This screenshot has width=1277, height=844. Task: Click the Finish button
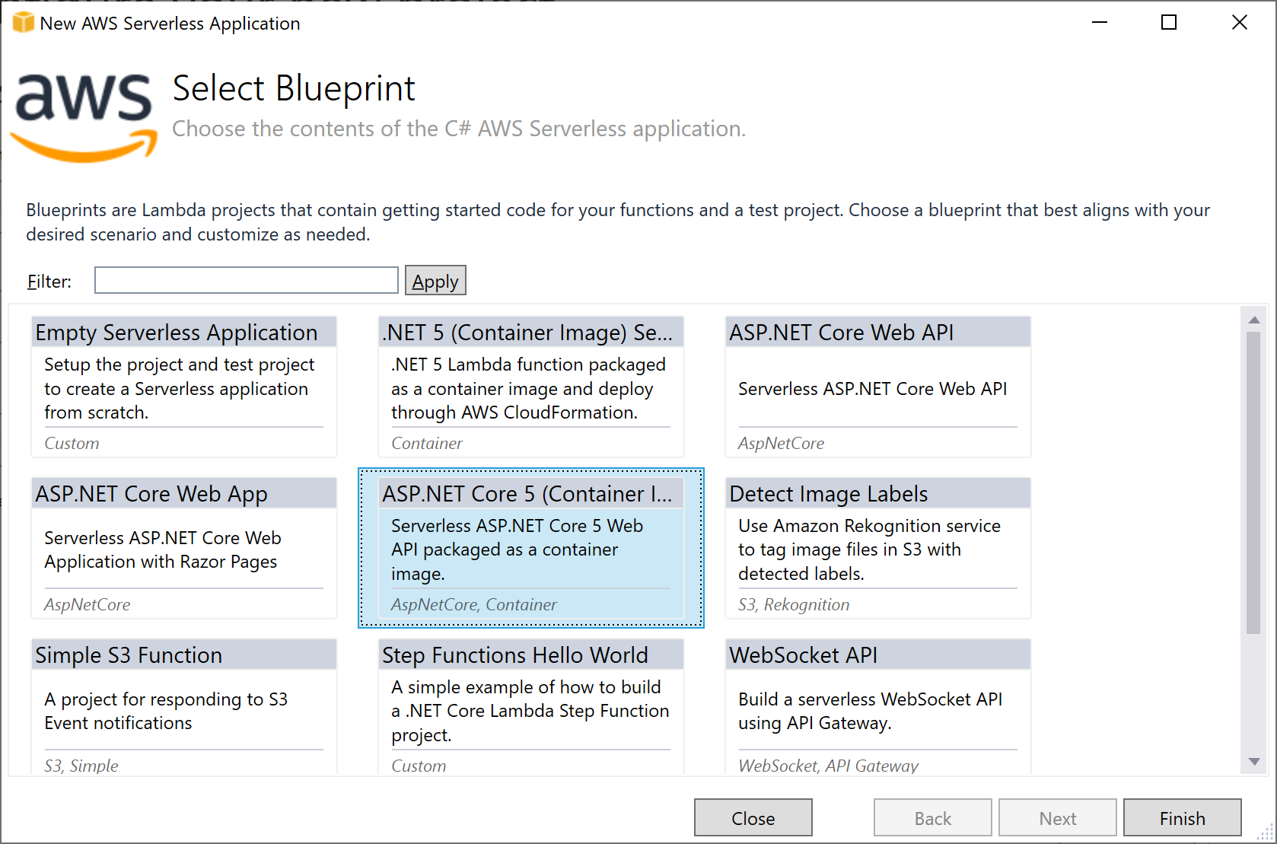1182,818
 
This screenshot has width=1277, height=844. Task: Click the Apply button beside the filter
435,281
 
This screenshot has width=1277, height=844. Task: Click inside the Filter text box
247,280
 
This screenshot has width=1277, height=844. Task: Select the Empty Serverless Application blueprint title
176,333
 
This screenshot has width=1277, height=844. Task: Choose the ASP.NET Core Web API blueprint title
842,333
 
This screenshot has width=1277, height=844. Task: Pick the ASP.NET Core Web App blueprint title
151,494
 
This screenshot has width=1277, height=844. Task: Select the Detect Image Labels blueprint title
828,494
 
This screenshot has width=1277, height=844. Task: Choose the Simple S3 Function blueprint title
129,655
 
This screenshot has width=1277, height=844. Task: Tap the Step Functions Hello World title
514,655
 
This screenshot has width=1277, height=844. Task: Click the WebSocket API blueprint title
803,655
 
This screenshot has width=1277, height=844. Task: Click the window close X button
1240,22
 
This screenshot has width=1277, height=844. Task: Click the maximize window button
1169,22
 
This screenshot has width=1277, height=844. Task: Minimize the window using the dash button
1100,22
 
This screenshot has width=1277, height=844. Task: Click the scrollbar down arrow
1253,761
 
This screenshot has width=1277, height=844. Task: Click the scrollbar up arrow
1253,320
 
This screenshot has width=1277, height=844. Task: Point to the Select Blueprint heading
294,89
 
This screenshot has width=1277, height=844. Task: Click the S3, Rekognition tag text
794,604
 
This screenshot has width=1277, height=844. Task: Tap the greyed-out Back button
933,818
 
